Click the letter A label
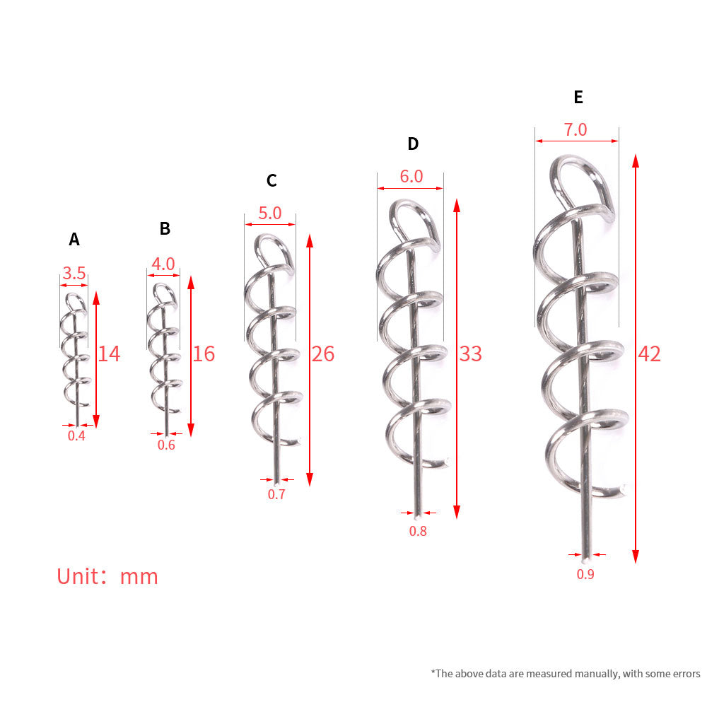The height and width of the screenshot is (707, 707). [74, 239]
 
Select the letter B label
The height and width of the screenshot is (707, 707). [165, 228]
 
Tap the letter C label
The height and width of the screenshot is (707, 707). [271, 180]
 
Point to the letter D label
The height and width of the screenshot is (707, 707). [413, 144]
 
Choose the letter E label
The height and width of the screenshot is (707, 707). [578, 97]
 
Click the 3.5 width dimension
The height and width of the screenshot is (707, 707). [74, 273]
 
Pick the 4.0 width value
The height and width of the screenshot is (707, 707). [163, 264]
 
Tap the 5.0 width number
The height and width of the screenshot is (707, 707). [269, 213]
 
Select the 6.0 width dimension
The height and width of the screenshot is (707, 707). [411, 176]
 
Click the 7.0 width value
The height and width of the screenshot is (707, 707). [575, 130]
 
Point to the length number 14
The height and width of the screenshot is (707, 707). [109, 354]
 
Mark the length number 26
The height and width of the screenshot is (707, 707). [323, 354]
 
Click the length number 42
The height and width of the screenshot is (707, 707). [649, 354]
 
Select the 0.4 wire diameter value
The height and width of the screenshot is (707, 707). [76, 436]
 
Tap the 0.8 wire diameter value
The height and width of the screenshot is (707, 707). [418, 531]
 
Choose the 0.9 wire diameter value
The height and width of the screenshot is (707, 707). [585, 574]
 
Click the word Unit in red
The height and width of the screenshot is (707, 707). [78, 577]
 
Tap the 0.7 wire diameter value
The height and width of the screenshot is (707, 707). [276, 494]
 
